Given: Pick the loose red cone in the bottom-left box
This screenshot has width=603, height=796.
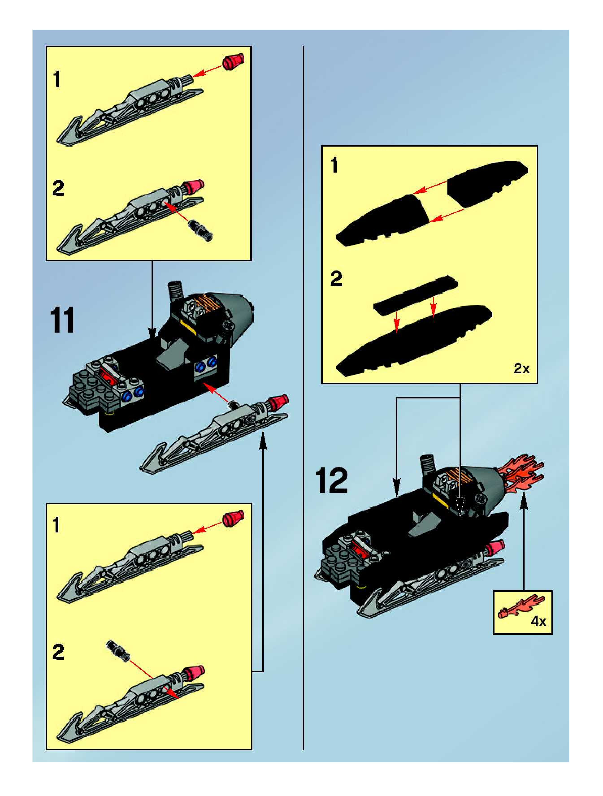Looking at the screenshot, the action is click(233, 518).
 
